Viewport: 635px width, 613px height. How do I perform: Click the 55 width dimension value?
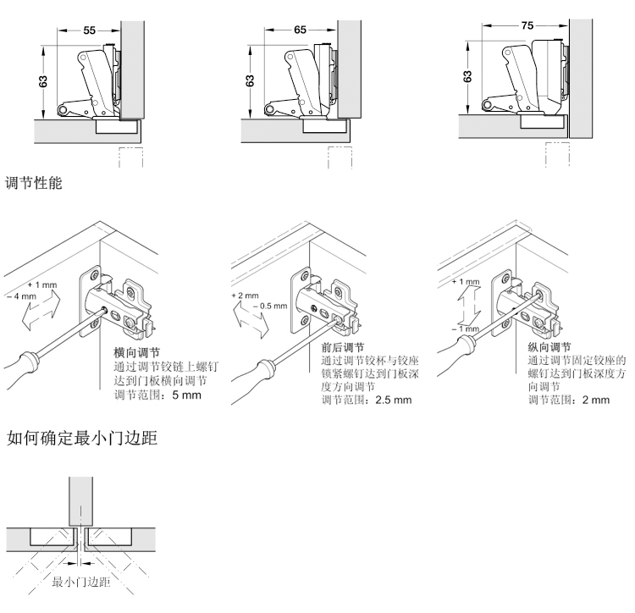point(90,30)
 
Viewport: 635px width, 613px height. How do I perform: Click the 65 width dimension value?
point(301,30)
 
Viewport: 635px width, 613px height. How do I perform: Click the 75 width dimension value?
point(527,26)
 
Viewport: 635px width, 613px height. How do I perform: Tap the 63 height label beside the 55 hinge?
point(43,81)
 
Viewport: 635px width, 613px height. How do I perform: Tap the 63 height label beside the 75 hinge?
point(468,75)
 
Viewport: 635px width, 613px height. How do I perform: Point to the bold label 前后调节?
point(342,347)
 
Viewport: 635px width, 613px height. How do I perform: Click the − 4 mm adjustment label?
point(21,296)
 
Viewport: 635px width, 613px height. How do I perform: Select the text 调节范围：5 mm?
point(157,395)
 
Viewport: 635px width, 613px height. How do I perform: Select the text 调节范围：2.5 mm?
point(366,400)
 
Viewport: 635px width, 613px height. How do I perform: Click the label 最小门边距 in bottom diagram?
point(79,583)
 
